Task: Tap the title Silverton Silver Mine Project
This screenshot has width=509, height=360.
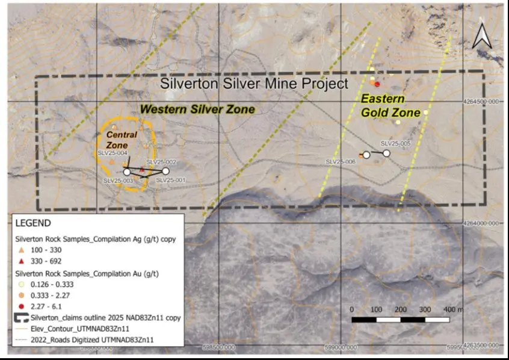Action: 254,84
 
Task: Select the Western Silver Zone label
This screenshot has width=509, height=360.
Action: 197,109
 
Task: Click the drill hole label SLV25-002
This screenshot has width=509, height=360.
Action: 161,163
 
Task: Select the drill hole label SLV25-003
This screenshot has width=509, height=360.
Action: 118,180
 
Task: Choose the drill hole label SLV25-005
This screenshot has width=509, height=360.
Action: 395,144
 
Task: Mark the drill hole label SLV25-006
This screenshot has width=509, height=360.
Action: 341,161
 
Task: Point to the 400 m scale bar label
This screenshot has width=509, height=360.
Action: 454,309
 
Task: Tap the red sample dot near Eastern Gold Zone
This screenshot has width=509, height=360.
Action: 377,84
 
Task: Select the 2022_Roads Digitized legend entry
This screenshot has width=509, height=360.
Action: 96,340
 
